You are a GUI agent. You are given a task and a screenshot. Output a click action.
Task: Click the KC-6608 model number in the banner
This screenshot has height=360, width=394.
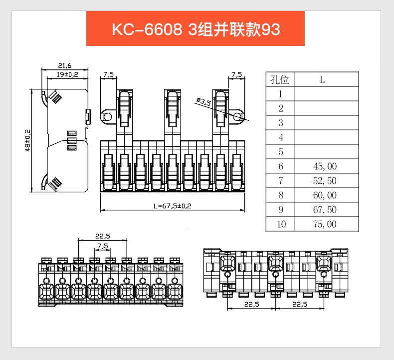[146, 29]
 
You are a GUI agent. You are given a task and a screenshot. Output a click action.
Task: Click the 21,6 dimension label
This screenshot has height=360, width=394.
[65, 65]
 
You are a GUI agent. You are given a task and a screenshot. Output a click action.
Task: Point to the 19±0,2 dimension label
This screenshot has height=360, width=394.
[67, 74]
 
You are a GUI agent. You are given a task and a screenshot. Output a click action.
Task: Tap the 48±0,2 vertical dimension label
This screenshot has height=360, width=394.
[27, 140]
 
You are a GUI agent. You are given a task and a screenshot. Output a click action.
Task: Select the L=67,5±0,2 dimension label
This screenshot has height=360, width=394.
[173, 206]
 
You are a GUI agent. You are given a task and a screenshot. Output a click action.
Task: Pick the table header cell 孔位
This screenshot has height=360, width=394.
[280, 79]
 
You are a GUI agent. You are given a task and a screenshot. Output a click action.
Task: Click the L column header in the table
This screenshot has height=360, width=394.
[323, 79]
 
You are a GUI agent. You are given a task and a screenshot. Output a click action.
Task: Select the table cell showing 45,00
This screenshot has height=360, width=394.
[325, 166]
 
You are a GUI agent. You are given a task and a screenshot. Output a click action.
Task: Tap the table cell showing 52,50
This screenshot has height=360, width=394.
[325, 181]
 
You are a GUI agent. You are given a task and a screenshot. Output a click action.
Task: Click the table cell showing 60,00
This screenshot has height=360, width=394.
[325, 195]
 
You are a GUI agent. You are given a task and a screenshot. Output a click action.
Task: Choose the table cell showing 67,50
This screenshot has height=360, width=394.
[325, 210]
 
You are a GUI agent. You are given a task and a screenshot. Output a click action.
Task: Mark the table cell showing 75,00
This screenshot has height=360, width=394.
[325, 224]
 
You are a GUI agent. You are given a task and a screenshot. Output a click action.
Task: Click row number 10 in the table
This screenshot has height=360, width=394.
[281, 224]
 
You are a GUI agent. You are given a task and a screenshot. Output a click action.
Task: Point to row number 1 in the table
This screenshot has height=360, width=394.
[281, 94]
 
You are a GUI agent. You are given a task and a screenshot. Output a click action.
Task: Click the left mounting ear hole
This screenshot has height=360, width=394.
[107, 117]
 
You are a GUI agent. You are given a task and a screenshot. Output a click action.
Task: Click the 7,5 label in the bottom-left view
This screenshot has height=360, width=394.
[102, 246]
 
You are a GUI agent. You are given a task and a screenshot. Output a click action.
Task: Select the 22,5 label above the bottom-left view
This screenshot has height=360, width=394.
[102, 236]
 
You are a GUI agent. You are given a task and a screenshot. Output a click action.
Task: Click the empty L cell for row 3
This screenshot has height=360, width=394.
[327, 123]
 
